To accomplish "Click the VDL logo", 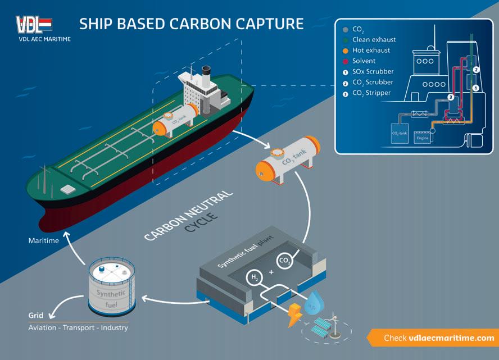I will pos(34,25).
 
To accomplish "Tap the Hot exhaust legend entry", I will pos(370,51).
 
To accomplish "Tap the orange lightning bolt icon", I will pos(294,315).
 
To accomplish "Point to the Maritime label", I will pos(44,241).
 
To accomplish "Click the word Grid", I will pos(36,316).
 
